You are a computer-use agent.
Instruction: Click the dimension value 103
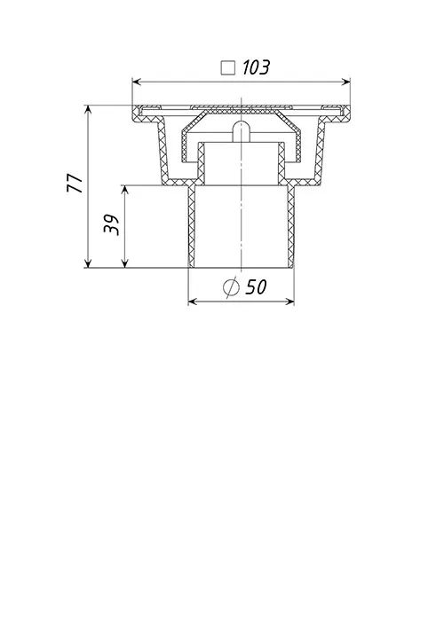coord(257,67)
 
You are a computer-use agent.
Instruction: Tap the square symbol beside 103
coord(228,67)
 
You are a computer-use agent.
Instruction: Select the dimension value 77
coord(75,184)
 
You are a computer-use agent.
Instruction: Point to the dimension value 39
coord(112,225)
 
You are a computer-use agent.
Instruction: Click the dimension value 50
coord(256,286)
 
